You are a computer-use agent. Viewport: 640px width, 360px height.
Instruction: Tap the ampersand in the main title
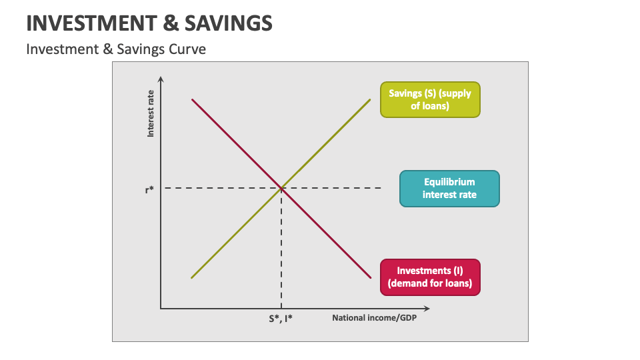click(169, 24)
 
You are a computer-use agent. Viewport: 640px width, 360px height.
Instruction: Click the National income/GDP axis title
click(374, 318)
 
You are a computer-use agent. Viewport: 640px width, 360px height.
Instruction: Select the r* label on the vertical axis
click(149, 189)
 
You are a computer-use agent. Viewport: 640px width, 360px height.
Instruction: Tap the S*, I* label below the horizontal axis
click(281, 319)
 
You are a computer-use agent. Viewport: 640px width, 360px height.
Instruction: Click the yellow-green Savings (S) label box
click(430, 100)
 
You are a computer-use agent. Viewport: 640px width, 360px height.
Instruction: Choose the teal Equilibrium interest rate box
click(449, 189)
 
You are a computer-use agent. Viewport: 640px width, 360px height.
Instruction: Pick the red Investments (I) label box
click(430, 277)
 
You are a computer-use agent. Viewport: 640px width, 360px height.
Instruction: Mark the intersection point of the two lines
click(281, 189)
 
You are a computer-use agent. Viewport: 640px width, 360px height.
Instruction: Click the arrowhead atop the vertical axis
click(161, 80)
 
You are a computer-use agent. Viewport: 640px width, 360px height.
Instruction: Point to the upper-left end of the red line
click(193, 99)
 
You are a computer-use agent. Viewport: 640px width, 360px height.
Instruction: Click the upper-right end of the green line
click(369, 99)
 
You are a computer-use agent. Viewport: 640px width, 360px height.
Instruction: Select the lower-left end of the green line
click(192, 277)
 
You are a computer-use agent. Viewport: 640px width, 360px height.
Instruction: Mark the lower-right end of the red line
click(370, 277)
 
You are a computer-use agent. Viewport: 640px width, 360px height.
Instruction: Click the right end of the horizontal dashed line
click(381, 189)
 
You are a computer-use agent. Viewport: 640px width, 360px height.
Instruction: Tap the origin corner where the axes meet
click(161, 309)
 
